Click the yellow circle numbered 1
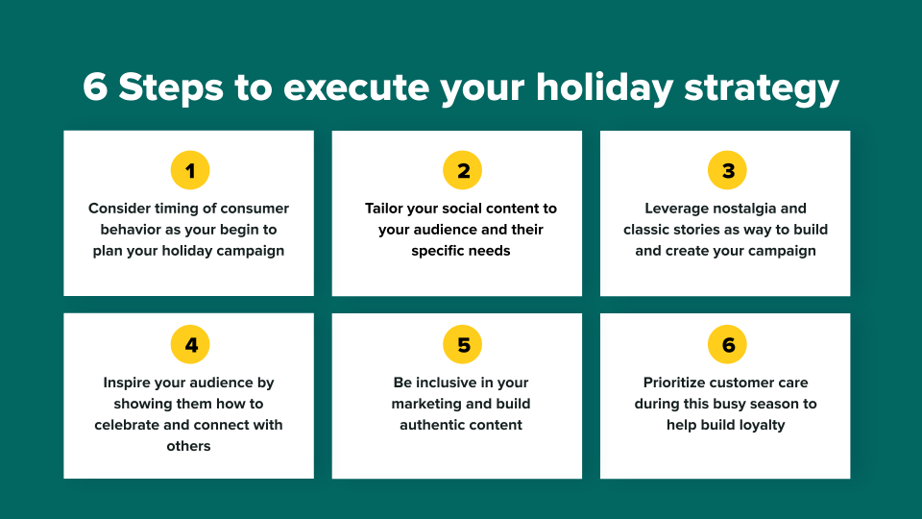pos(190,171)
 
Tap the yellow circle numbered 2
pos(462,171)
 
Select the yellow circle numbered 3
pos(727,171)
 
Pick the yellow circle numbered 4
pos(190,344)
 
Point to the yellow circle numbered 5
pos(462,344)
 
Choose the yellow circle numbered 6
pos(727,344)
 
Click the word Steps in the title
pos(171,88)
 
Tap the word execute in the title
pos(355,88)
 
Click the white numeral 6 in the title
pos(95,87)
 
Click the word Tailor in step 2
pos(384,209)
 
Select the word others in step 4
pos(188,446)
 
